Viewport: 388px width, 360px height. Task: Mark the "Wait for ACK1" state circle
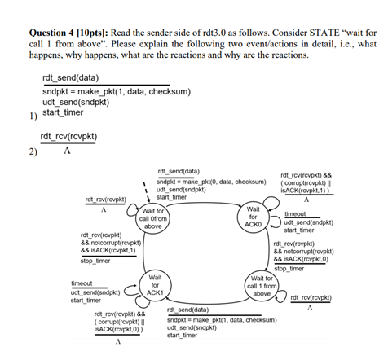tap(155, 288)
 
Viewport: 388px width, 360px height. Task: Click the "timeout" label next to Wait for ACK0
tap(295, 213)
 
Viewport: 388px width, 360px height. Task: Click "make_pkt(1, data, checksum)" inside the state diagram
tap(233, 320)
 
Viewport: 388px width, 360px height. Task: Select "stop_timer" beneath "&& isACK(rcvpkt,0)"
tap(289, 268)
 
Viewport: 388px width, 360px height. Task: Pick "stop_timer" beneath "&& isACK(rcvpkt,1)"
tap(96, 261)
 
